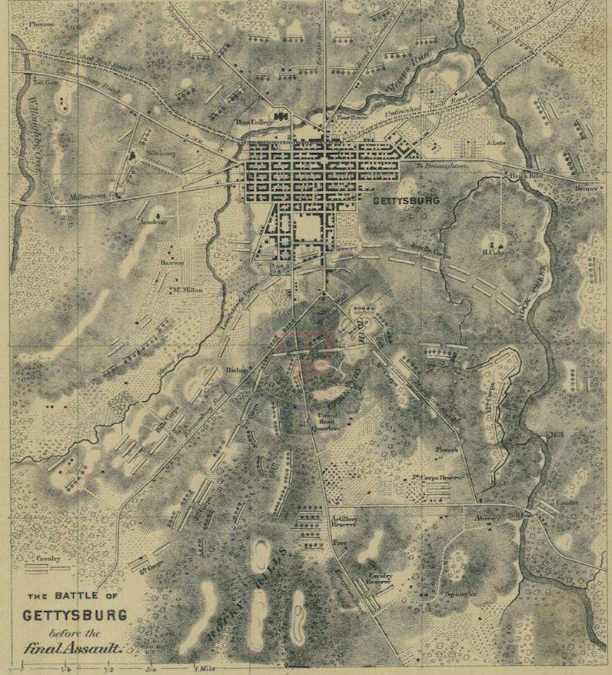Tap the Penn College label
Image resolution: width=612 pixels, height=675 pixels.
(x=254, y=122)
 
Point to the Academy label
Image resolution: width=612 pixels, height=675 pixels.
(x=153, y=222)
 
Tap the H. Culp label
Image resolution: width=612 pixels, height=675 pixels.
(x=493, y=252)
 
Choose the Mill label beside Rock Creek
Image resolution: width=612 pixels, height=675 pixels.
(x=555, y=436)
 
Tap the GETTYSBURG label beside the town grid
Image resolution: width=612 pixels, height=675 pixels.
(x=405, y=201)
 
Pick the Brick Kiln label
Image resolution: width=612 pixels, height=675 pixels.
(x=521, y=176)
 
